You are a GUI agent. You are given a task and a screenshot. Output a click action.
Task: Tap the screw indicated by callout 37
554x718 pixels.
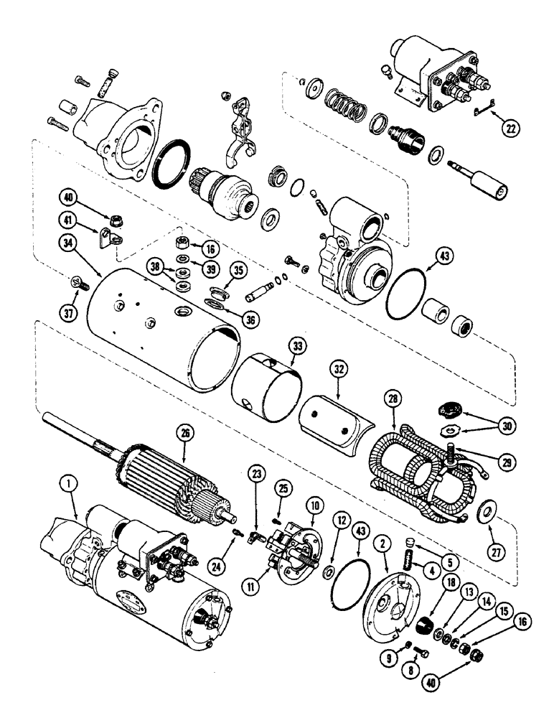(77, 284)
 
